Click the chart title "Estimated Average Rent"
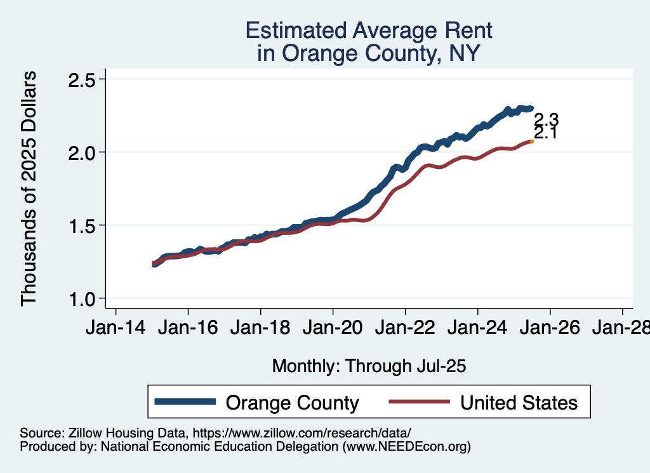368,30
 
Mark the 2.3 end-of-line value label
545,119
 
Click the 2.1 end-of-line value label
545,133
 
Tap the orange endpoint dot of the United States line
531,142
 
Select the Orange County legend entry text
293,403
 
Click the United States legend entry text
519,403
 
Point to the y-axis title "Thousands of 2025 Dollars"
29,189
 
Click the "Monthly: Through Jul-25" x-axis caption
369,366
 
